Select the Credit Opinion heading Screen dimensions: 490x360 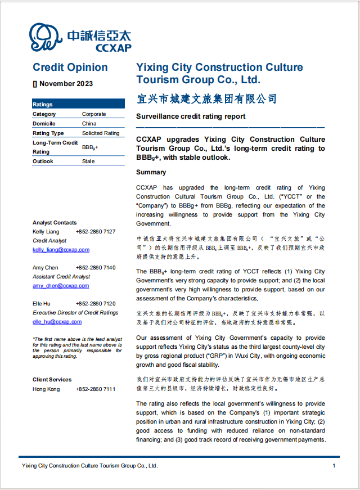70,68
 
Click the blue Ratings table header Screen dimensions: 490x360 78,104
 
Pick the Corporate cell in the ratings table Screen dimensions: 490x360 94,114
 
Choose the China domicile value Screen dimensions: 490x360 89,124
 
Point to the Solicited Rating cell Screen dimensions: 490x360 101,133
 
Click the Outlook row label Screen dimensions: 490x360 43,161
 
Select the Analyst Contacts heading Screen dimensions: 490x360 55,223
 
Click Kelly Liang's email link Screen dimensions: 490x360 61,250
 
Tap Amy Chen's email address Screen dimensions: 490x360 61,286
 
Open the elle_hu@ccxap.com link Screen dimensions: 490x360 57,322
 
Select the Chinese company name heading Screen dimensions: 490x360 207,99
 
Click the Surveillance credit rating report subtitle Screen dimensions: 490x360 191,116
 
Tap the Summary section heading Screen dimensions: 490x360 151,172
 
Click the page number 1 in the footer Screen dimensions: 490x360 334,466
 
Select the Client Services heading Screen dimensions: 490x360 52,380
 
